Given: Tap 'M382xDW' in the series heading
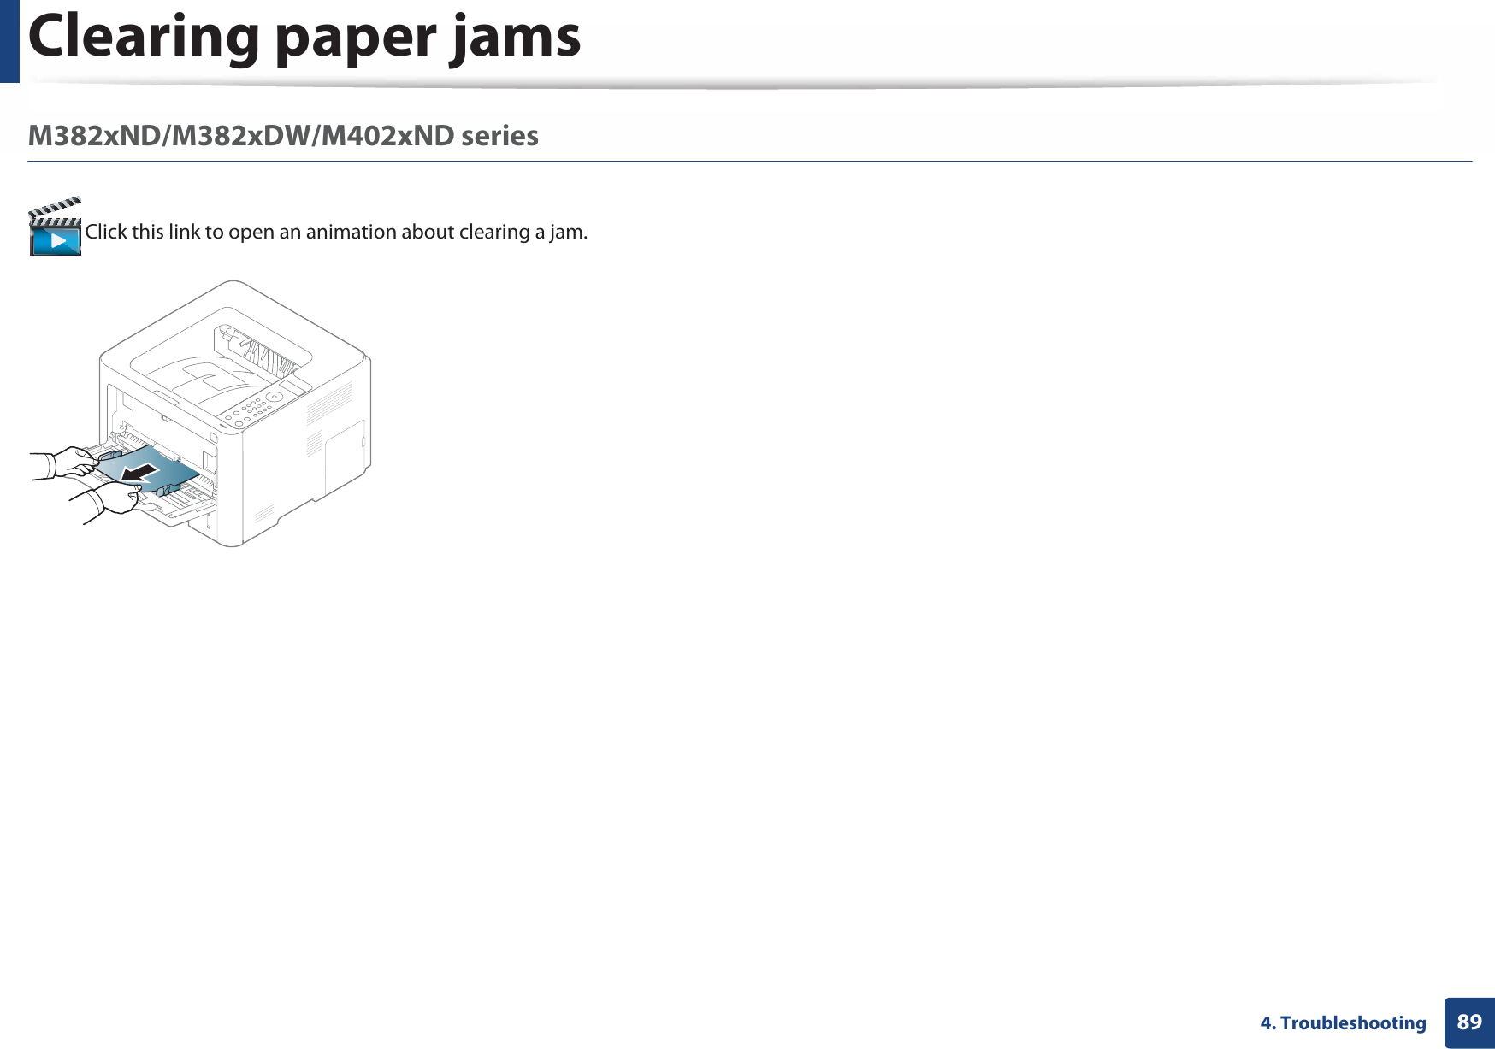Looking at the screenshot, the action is (243, 136).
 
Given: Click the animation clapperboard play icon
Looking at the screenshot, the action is (56, 228).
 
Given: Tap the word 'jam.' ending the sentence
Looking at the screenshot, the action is (568, 232).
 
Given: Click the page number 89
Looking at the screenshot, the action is (1468, 1022).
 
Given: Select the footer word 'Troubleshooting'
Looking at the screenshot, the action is (1353, 1023).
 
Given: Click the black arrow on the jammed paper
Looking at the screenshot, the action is (141, 472).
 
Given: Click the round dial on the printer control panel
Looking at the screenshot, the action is (275, 397).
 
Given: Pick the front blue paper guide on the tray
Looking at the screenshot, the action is (168, 489).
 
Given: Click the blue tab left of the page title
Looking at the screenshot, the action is (9, 40).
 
